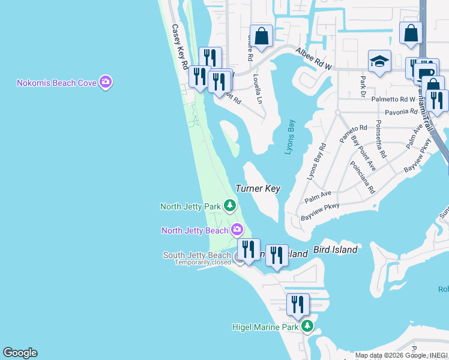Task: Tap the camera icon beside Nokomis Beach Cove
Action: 106,82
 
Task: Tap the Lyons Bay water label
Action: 290,137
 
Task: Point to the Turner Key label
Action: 258,188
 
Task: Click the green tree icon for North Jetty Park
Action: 229,206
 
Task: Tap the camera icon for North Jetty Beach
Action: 237,230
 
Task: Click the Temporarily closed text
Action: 202,262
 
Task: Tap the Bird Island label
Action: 336,250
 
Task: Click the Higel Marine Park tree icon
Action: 307,326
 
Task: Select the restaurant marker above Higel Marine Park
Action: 298,305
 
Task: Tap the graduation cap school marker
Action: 379,61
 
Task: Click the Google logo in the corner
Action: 20,353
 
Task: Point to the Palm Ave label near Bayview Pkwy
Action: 318,196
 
